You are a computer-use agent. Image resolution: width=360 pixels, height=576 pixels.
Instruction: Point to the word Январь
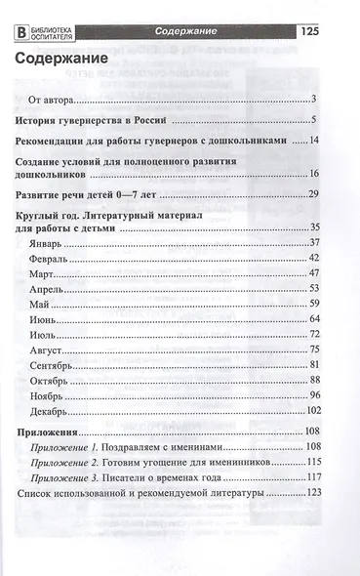[x=49, y=242]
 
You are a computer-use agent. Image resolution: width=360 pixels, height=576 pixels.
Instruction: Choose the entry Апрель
[x=50, y=288]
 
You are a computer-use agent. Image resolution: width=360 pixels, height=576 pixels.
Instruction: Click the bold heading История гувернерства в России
[x=94, y=121]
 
